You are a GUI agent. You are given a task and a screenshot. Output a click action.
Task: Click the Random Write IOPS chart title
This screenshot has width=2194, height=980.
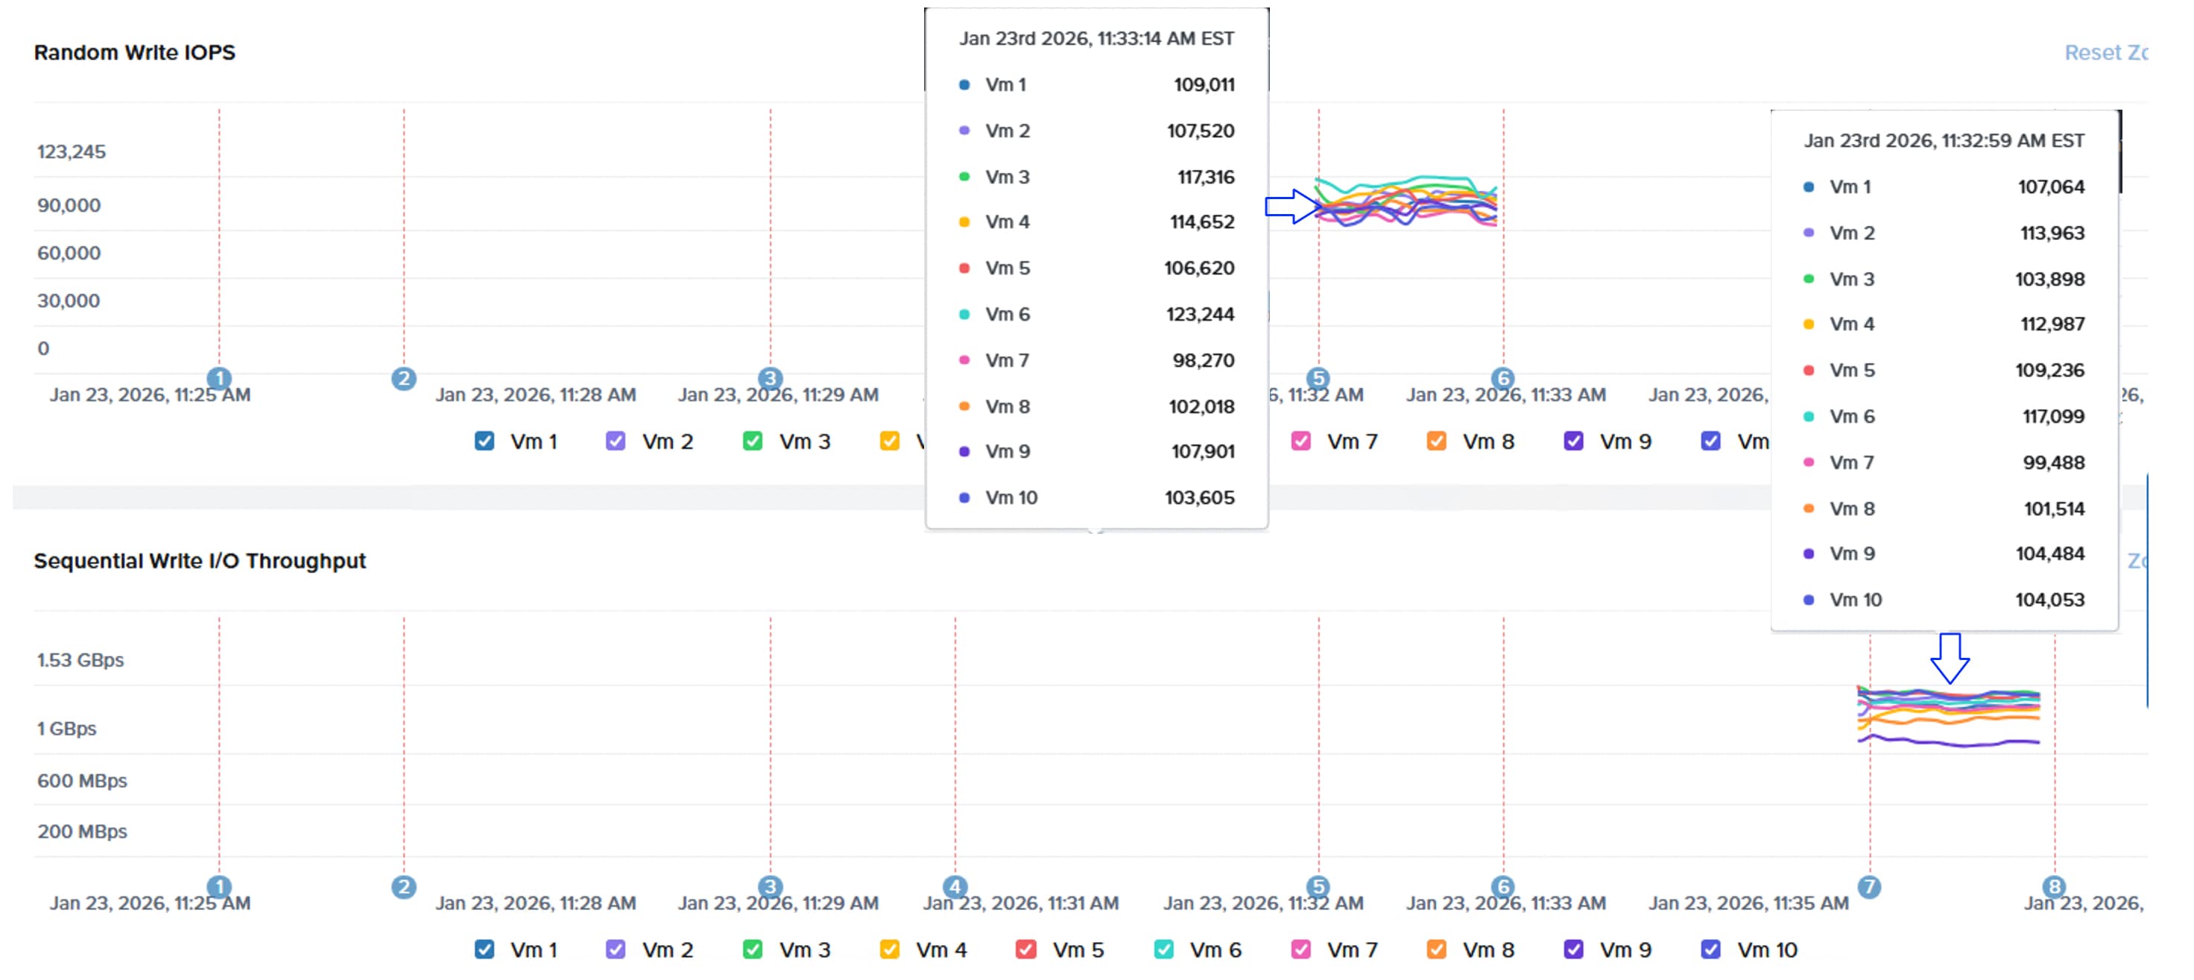coord(135,53)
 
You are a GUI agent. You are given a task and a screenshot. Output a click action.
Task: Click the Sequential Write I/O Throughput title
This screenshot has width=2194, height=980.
coord(199,561)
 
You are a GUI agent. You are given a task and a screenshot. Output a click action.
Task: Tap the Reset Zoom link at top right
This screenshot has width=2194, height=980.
coord(2104,53)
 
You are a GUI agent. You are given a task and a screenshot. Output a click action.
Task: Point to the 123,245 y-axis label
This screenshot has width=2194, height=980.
coord(72,151)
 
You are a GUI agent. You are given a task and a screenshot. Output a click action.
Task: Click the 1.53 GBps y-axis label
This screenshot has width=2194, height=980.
coord(80,659)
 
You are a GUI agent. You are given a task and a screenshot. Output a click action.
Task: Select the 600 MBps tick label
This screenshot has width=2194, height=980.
coord(82,781)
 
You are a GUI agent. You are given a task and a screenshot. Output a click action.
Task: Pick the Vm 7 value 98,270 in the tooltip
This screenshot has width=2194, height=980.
coord(1203,360)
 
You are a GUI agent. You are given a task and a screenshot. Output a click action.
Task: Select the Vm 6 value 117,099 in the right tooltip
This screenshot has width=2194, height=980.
coord(2052,417)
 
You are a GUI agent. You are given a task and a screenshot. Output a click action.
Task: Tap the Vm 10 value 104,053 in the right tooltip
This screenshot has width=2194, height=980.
coord(2049,600)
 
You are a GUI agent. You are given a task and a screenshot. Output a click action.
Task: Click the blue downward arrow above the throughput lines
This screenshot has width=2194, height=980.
coord(1949,658)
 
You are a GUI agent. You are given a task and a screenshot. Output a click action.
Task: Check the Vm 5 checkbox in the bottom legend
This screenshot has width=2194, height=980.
coord(1026,949)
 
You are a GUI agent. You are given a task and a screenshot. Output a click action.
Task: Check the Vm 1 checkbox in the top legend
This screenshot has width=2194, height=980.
coord(484,442)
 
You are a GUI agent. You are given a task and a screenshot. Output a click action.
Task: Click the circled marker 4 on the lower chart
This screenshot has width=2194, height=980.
coord(955,887)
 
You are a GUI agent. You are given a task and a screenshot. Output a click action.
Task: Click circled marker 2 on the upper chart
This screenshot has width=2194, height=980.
coord(404,378)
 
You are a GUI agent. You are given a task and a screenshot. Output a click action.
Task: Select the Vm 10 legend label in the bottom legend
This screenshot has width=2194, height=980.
coord(1766,949)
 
